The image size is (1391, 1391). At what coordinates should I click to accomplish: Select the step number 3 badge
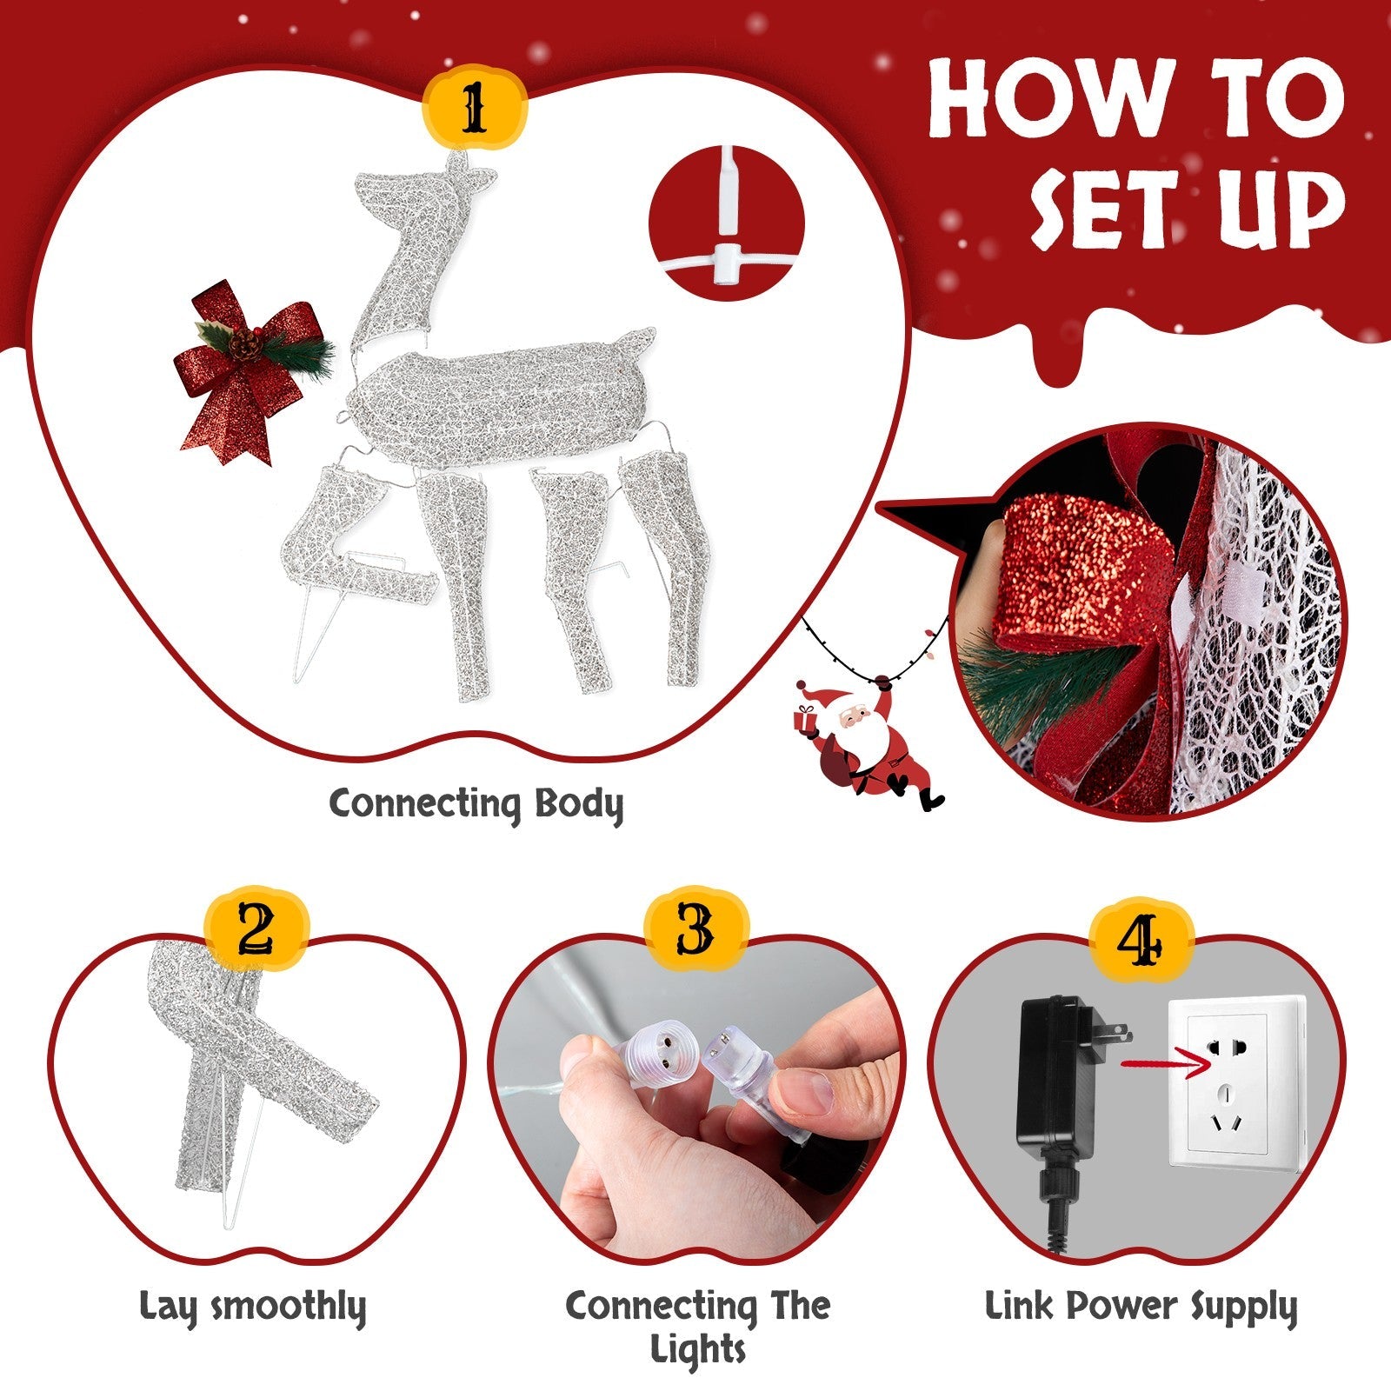pyautogui.click(x=695, y=931)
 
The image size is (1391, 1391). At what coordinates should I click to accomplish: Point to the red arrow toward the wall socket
pyautogui.click(x=1165, y=1062)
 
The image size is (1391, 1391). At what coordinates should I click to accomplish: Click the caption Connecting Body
pyautogui.click(x=476, y=804)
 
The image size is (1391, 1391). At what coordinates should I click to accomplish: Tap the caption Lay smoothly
pyautogui.click(x=253, y=1307)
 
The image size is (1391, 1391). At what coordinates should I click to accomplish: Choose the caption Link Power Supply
pyautogui.click(x=1141, y=1307)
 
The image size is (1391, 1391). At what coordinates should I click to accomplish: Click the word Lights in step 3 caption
pyautogui.click(x=698, y=1350)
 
